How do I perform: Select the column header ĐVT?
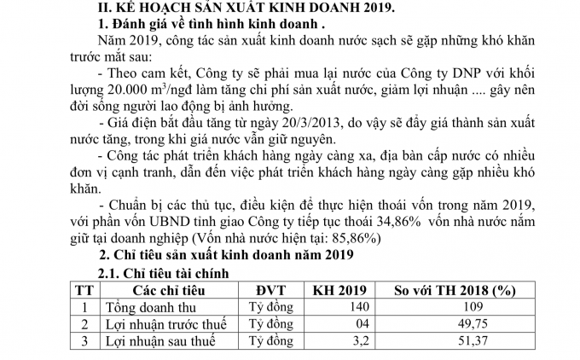[x=268, y=290]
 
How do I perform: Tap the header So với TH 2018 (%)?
[x=460, y=290]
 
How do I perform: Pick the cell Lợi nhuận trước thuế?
[x=164, y=325]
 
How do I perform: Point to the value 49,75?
[x=460, y=325]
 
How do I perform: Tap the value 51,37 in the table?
[x=460, y=343]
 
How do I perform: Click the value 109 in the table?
[x=460, y=308]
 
